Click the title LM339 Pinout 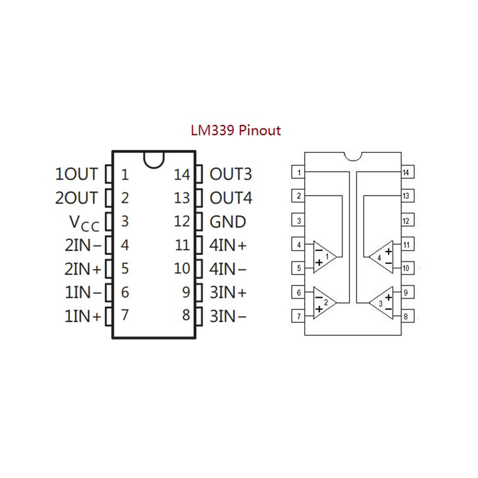(236, 130)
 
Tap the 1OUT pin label (77, 174)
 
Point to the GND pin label (228, 221)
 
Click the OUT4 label (231, 198)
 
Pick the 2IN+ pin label (83, 269)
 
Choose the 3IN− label (228, 316)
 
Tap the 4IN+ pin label (228, 245)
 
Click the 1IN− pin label (83, 293)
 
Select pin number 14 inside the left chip (182, 174)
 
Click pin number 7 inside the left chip (124, 315)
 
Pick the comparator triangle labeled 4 (382, 257)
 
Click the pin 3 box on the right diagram (299, 220)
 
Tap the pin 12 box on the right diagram (406, 220)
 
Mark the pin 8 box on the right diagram (406, 317)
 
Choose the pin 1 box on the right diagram (299, 172)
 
